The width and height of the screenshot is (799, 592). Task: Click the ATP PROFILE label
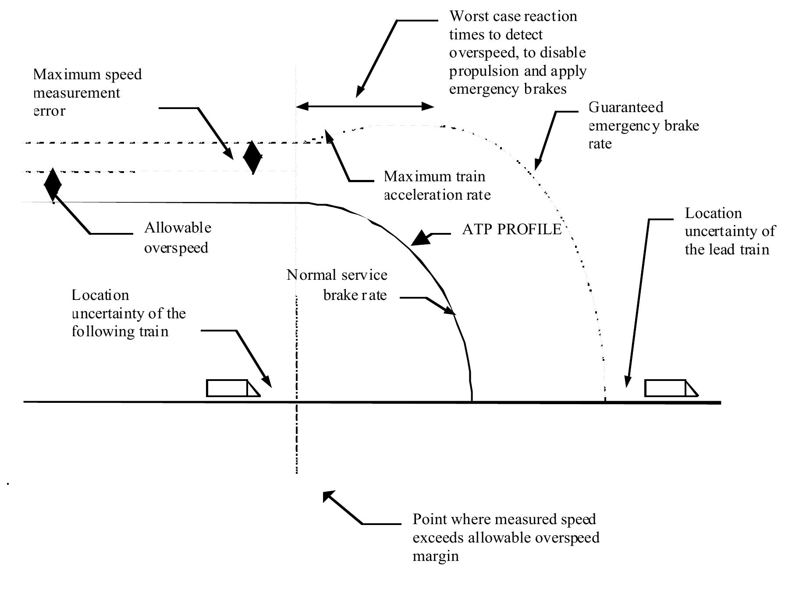(x=511, y=229)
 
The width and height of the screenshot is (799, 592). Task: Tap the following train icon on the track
(x=232, y=388)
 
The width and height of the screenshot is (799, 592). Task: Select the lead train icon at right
(x=670, y=388)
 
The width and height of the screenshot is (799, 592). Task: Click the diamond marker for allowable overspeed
(x=53, y=184)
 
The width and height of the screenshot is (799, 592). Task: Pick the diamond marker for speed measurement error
(x=253, y=157)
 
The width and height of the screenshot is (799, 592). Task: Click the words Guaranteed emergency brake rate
(x=643, y=125)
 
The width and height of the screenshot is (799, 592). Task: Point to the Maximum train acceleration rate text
(x=437, y=185)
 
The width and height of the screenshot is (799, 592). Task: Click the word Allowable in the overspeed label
(x=178, y=228)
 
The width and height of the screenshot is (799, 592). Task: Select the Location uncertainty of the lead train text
(x=729, y=231)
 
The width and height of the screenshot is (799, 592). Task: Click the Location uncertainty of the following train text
(x=128, y=314)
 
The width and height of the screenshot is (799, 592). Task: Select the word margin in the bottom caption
(x=436, y=556)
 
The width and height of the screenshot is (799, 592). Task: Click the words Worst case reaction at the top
(x=513, y=17)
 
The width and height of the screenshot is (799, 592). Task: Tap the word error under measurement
(x=50, y=111)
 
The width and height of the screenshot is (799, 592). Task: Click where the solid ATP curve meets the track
(x=472, y=400)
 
